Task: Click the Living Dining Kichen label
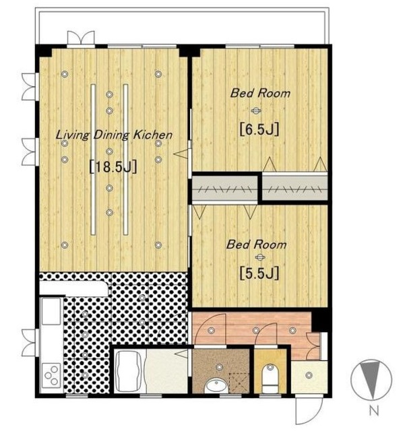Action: pos(114,135)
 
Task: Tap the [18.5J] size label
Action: pos(113,167)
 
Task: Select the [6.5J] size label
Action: pos(259,129)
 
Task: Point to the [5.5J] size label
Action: pos(259,273)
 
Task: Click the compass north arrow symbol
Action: pos(371,379)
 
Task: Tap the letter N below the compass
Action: pos(374,411)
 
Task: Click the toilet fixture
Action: pos(270,378)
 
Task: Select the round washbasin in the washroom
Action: pos(216,386)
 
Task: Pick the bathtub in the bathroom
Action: pos(129,371)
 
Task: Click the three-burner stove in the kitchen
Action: pos(51,375)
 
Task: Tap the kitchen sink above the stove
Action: pos(51,311)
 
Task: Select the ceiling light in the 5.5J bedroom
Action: pos(259,257)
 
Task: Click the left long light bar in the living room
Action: pos(93,160)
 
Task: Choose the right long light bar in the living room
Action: pos(126,160)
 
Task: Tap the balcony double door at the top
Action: pos(81,38)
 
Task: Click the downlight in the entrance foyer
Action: pos(309,374)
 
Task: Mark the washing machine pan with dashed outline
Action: pos(239,383)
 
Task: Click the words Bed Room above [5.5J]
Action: pos(256,244)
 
